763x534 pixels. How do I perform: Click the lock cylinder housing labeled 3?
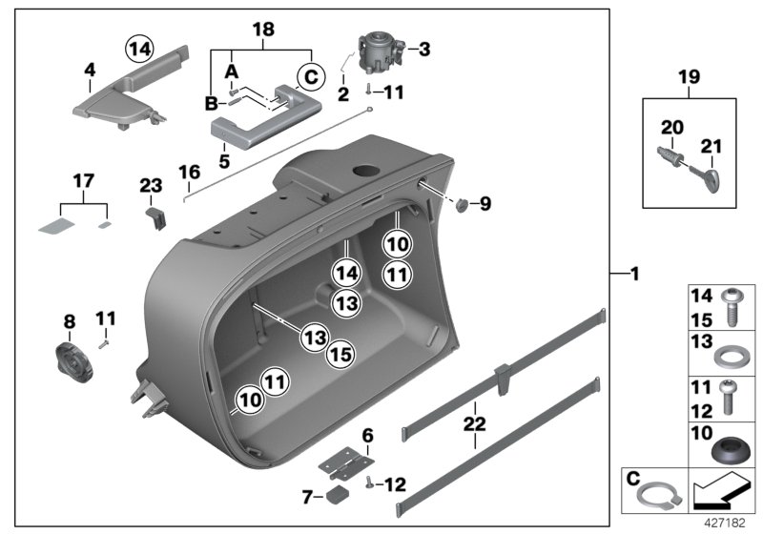click(x=380, y=53)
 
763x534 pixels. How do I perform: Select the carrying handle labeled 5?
click(x=251, y=126)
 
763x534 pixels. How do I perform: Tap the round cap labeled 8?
click(x=72, y=356)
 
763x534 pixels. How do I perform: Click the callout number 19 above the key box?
click(x=689, y=77)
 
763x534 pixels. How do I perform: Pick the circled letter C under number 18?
click(x=308, y=75)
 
